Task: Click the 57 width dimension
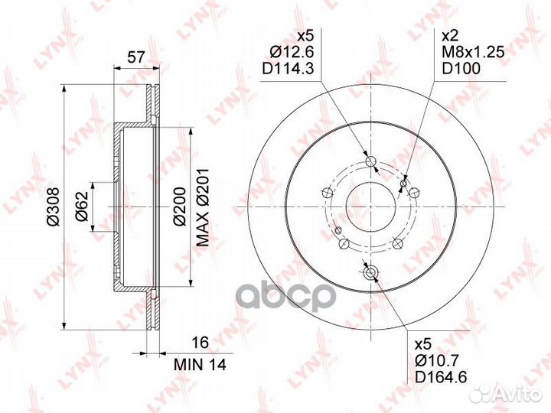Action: coord(135,57)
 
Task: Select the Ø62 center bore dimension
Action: coord(82,206)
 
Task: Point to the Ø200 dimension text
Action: coord(179,207)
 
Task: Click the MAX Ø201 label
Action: coord(202,207)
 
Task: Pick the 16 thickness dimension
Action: coord(201,342)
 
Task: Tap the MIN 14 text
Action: coord(200,365)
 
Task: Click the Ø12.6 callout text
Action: coord(292,52)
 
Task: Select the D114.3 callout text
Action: coord(288,69)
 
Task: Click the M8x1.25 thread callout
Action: coord(473,52)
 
